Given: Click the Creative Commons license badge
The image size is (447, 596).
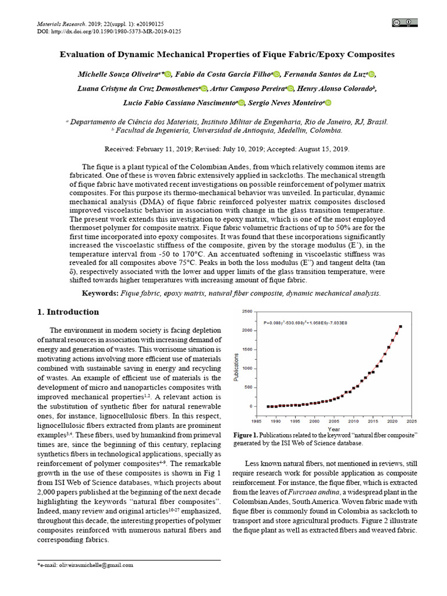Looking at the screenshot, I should (405, 23).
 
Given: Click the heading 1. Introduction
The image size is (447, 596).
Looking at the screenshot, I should (68, 312).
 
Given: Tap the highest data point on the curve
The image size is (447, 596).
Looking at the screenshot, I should (400, 327).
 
